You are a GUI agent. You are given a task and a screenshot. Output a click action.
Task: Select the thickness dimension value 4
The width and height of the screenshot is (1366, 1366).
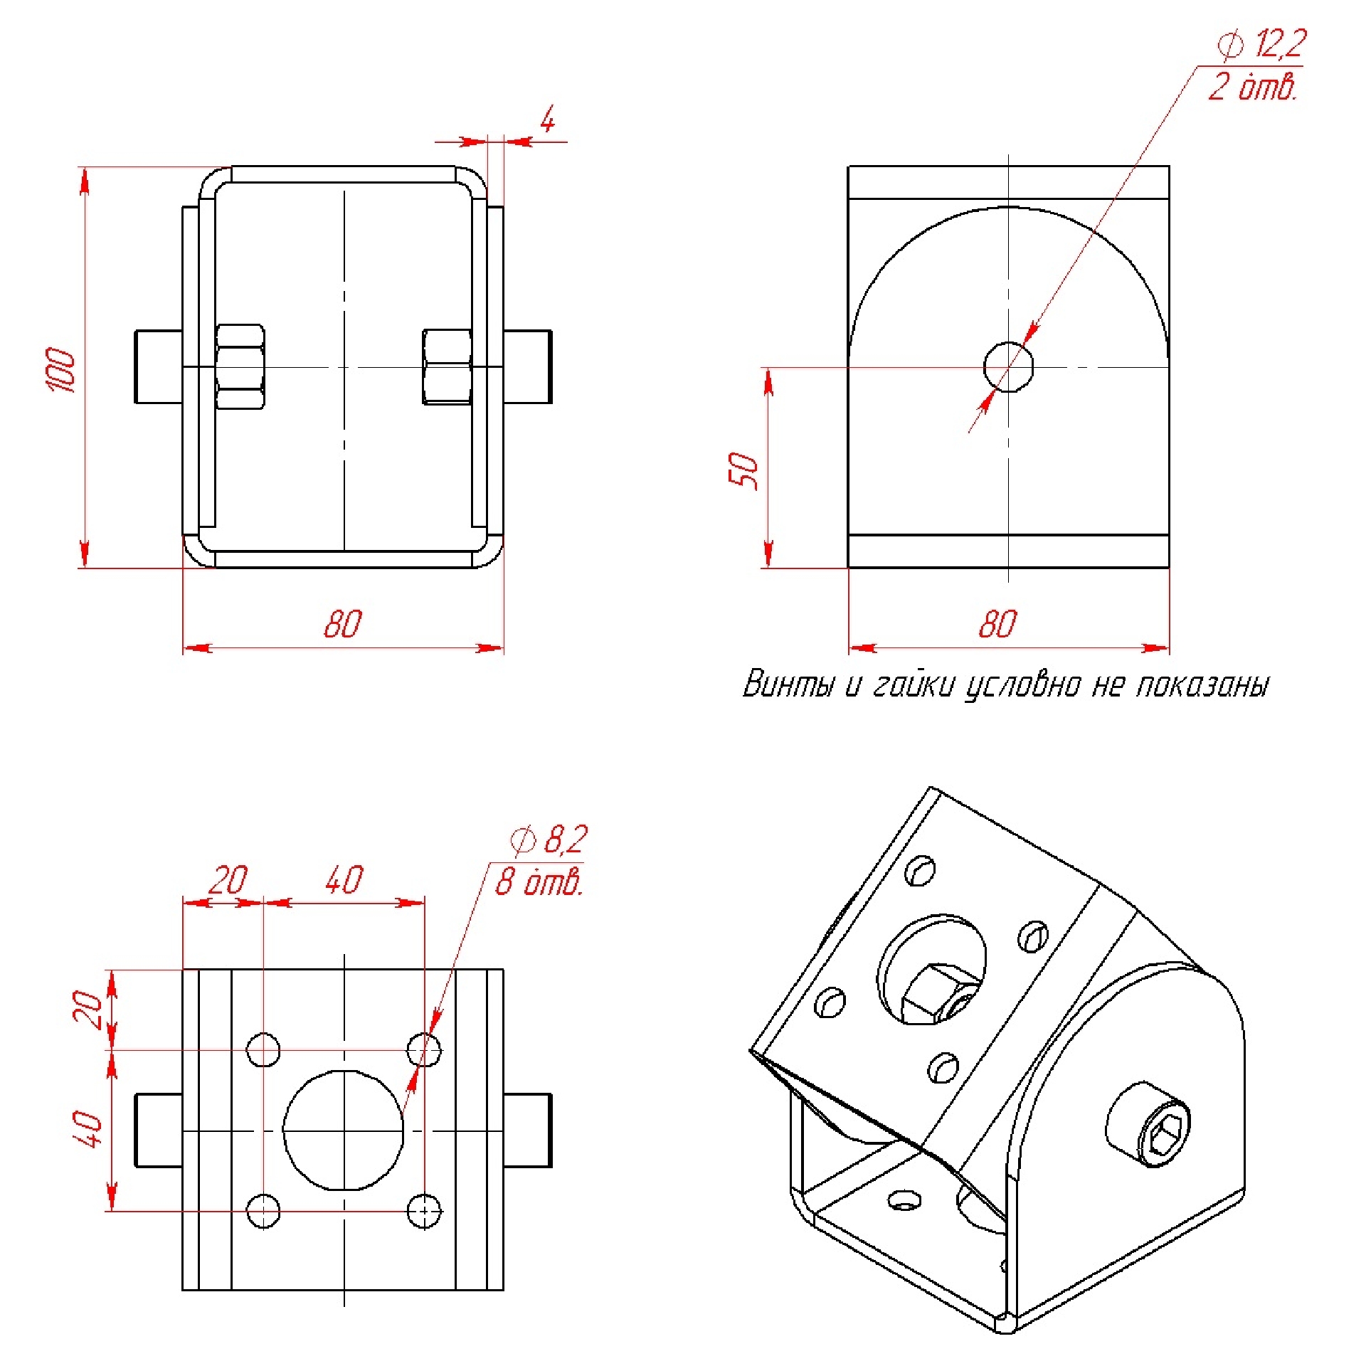click(547, 120)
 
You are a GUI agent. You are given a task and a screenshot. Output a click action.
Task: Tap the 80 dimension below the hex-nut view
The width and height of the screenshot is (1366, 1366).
click(343, 624)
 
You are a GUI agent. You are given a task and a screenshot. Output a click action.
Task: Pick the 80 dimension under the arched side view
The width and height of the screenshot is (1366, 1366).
click(997, 624)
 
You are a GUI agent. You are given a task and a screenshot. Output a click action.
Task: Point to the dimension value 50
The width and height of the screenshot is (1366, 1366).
click(743, 470)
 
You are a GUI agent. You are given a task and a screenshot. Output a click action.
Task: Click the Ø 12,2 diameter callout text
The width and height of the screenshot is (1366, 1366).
click(1261, 44)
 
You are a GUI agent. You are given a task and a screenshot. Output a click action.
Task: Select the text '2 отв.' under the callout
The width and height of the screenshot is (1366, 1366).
click(1253, 87)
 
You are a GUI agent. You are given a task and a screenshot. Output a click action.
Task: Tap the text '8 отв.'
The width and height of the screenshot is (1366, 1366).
click(539, 882)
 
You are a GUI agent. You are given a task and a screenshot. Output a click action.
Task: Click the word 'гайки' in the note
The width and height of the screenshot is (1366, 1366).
click(913, 684)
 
